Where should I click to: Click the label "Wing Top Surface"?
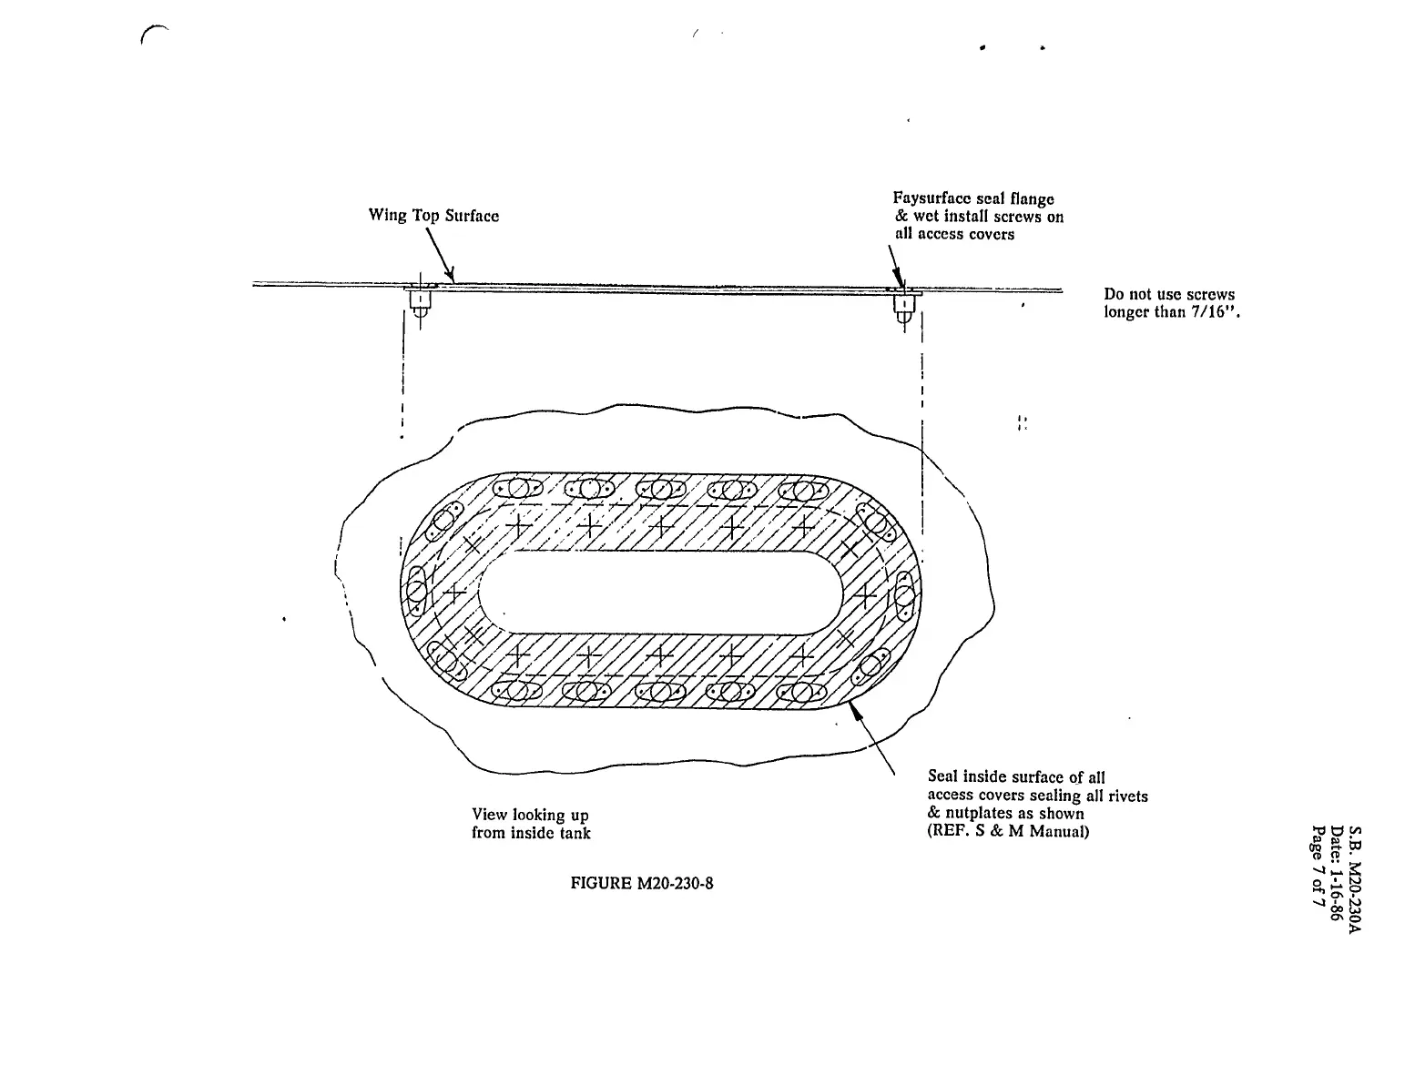click(433, 216)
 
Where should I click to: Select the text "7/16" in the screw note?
click(1206, 312)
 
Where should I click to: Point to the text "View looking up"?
click(530, 815)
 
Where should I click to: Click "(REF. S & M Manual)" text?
click(1008, 832)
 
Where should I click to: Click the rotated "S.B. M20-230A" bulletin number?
click(1355, 878)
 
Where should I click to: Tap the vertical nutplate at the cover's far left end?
click(415, 591)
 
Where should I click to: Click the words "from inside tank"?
click(531, 833)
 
